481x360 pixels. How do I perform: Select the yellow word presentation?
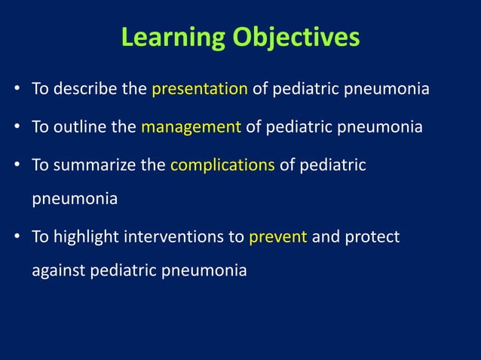[x=200, y=90]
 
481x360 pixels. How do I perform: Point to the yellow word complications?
[x=222, y=164]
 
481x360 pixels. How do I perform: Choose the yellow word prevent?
[x=277, y=237]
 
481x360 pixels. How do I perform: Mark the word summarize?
[x=93, y=164]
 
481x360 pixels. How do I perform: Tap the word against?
[x=58, y=270]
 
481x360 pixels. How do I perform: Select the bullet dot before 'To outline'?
[x=17, y=127]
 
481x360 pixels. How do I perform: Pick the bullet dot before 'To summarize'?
[x=17, y=165]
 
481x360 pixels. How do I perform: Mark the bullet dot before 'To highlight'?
[x=17, y=238]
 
